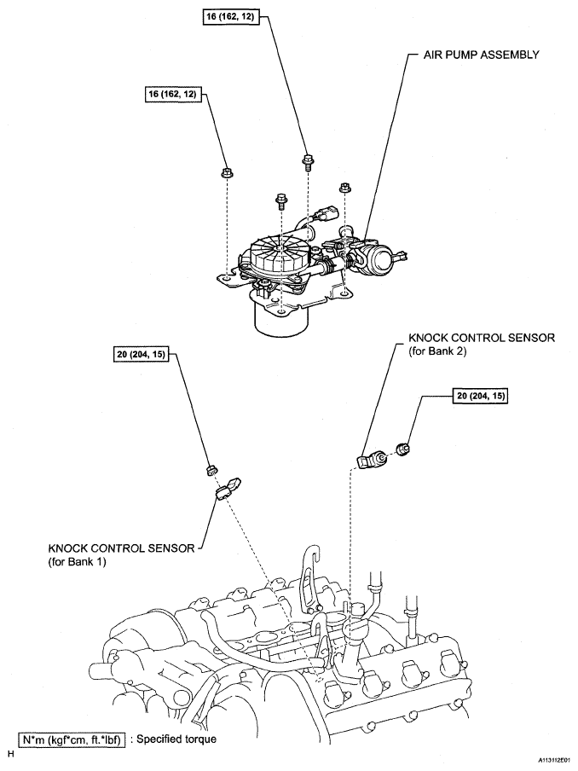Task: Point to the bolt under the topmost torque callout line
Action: point(306,160)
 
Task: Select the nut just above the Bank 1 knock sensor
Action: point(213,470)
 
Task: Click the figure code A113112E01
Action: point(553,757)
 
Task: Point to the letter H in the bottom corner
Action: point(10,754)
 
